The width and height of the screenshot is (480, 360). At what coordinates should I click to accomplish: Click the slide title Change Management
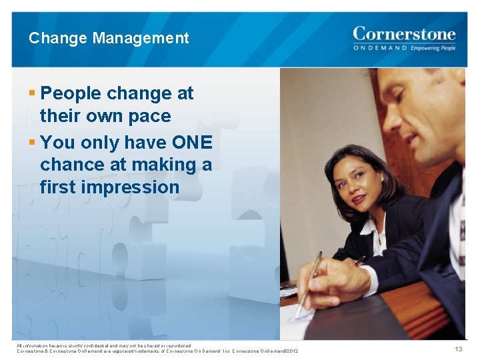pos(109,38)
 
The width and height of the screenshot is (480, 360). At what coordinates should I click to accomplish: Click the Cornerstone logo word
pos(404,33)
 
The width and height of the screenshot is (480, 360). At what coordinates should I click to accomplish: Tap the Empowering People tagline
pos(433,48)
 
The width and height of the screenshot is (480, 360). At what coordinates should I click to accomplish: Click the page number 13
pos(458,349)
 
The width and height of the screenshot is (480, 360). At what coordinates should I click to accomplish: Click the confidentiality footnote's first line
pos(104,345)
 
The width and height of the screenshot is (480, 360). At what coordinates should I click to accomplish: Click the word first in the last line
pos(57,187)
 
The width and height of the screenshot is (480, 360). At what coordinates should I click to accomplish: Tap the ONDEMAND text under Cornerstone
pos(379,48)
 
